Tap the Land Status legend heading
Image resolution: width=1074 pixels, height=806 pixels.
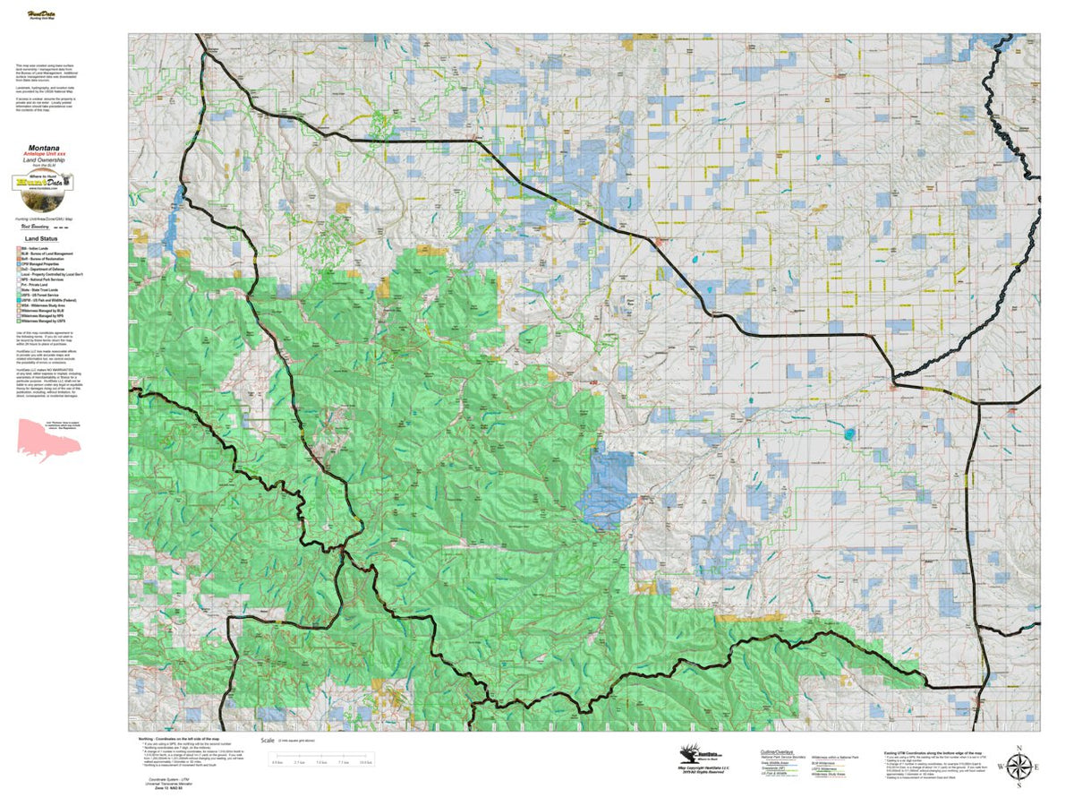coord(43,239)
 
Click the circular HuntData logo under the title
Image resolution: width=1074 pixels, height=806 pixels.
coord(44,182)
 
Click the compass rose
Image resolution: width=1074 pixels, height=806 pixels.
coord(1018,767)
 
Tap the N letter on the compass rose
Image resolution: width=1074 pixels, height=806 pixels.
coord(1018,747)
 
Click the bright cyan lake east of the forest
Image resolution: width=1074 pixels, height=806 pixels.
coord(847,434)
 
